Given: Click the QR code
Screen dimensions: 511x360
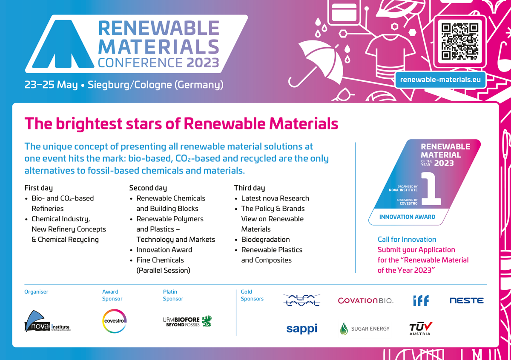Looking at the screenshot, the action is pos(459,42).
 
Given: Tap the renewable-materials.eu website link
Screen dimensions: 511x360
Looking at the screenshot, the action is pos(440,80).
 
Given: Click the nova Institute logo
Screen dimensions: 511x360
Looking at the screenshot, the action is pos(47,321).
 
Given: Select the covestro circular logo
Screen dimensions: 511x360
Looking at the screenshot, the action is pos(114,321).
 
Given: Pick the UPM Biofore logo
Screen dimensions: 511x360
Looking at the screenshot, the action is pos(187,321).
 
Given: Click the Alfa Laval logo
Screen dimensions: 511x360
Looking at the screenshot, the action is pos(301,300).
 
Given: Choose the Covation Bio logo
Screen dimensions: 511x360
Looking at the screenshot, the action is pos(365,300).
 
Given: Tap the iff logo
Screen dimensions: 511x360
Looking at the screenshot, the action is pos(421,300).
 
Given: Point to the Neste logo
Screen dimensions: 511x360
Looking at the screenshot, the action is pos(467,300).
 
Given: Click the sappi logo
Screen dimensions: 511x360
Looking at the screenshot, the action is pos(302,329).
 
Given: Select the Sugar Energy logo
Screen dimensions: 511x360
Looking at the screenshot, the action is pos(365,329).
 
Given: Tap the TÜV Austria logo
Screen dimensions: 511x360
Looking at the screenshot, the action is pos(420,329).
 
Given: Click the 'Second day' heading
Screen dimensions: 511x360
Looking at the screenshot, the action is pos(148,188).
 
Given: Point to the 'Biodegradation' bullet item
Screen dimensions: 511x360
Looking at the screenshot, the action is pos(266,240).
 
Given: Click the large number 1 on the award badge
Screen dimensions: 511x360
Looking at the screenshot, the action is pos(431,189).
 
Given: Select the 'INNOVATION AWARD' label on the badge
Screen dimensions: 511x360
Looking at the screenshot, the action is pos(407,217).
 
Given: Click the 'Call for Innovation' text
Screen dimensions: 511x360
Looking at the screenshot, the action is pos(407,239).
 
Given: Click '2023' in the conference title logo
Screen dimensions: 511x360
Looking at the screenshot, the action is pos(203,63).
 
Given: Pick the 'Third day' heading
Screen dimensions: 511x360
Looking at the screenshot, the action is pos(250,188).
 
